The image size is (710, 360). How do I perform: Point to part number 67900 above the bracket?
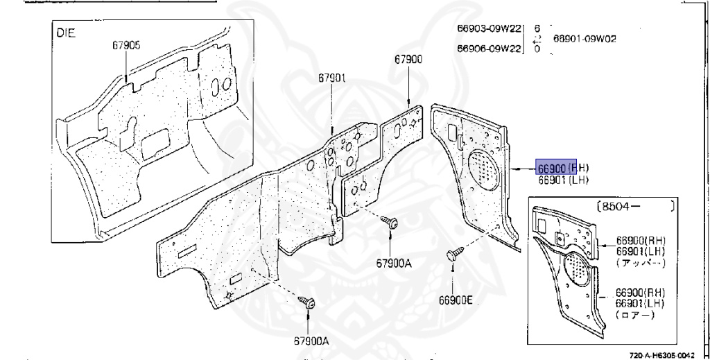click(x=408, y=60)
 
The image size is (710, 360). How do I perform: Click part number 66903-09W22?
click(x=490, y=29)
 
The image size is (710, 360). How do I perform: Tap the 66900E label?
click(x=455, y=300)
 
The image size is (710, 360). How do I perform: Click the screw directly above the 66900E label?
click(x=453, y=255)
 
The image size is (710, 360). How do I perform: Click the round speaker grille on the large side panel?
click(x=485, y=168)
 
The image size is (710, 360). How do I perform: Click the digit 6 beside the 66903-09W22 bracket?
click(x=537, y=29)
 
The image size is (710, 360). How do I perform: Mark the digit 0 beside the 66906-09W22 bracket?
click(x=537, y=49)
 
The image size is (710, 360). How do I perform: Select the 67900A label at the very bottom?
click(x=306, y=341)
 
